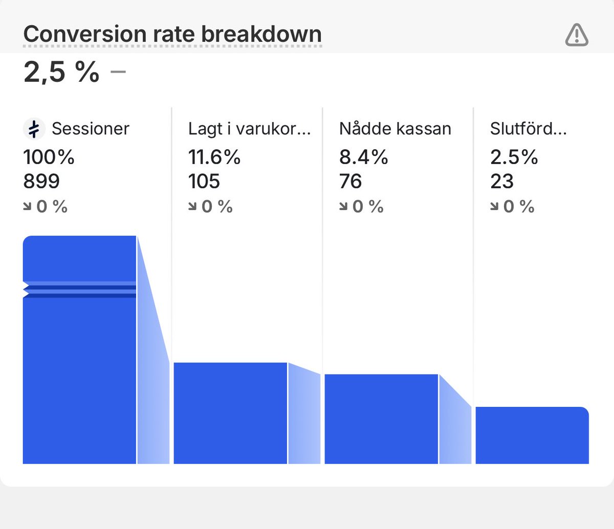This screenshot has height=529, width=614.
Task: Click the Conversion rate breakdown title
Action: pyautogui.click(x=172, y=34)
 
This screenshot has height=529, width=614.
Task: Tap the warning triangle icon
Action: pyautogui.click(x=577, y=35)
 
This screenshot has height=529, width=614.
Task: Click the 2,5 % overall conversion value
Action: pyautogui.click(x=61, y=72)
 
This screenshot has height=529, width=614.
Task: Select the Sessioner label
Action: pyautogui.click(x=91, y=129)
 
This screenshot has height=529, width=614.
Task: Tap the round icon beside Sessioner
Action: pyautogui.click(x=34, y=129)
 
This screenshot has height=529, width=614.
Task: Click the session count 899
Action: pyautogui.click(x=41, y=181)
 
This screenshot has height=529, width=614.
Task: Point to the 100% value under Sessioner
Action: pyautogui.click(x=49, y=157)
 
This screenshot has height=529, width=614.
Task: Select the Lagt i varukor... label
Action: pyautogui.click(x=249, y=129)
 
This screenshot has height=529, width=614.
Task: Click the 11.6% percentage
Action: pyautogui.click(x=214, y=157)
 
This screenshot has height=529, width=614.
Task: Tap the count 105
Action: pyautogui.click(x=204, y=181)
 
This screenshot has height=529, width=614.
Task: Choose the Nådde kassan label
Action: pyautogui.click(x=395, y=129)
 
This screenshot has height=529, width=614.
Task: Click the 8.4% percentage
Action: pyautogui.click(x=363, y=157)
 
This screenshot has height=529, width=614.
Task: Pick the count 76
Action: pyautogui.click(x=350, y=181)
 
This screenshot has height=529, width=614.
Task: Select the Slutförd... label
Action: pyautogui.click(x=528, y=129)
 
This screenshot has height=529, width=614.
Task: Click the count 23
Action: pyautogui.click(x=501, y=181)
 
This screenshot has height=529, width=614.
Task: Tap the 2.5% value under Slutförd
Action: pyautogui.click(x=514, y=157)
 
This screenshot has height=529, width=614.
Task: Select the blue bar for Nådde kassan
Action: pyautogui.click(x=381, y=419)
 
